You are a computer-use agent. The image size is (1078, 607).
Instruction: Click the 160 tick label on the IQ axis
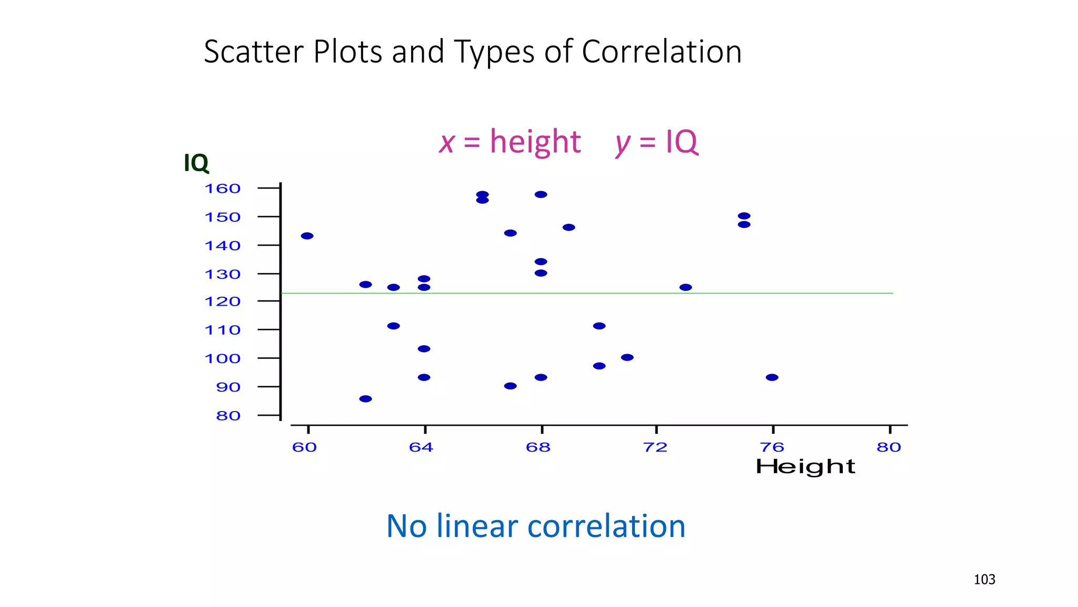click(222, 189)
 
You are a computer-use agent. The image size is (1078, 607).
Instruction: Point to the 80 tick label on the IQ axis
click(228, 416)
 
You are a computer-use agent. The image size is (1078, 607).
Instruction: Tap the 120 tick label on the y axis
click(222, 301)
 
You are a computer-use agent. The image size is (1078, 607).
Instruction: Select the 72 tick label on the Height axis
click(655, 447)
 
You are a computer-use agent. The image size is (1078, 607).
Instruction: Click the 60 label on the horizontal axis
click(304, 447)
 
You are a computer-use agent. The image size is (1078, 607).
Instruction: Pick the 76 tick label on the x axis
click(772, 447)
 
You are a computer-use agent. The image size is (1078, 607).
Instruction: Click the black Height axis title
click(805, 467)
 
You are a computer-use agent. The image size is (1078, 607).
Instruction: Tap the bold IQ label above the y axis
click(196, 163)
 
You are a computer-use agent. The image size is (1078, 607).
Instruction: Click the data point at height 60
click(307, 236)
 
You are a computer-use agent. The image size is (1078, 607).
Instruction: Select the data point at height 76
click(772, 377)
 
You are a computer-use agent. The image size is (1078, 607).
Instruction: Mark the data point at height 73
click(685, 287)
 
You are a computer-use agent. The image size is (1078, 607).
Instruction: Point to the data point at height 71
click(627, 357)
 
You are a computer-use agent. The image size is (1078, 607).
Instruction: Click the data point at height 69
click(568, 227)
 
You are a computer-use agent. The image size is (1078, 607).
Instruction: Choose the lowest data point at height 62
click(365, 398)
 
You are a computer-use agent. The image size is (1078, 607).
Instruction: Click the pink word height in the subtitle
click(535, 142)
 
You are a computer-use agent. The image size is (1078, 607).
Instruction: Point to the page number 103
click(984, 580)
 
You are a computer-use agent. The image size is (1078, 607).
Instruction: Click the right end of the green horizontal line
click(892, 293)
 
